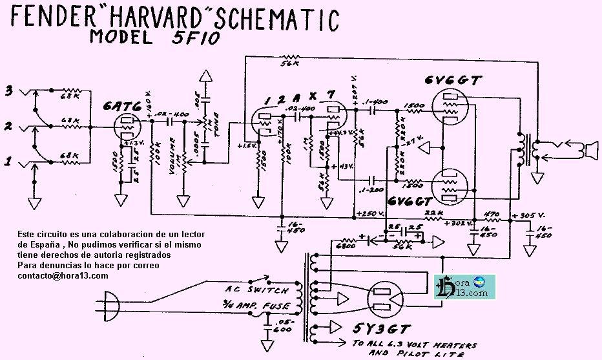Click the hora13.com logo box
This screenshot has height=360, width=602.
click(x=464, y=286)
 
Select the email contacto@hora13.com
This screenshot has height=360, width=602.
click(x=63, y=275)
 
